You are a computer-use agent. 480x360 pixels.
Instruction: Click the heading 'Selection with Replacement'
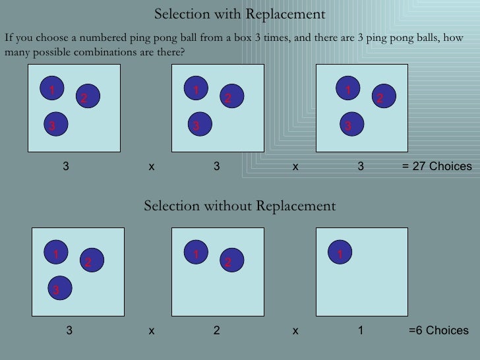239,14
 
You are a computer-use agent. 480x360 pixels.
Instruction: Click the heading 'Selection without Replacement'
239,206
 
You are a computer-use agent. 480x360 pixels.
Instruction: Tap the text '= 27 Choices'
436,167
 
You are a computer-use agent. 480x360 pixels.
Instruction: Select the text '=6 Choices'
438,330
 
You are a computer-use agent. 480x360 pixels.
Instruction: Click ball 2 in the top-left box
86,96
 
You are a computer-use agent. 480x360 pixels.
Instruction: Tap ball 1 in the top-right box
347,88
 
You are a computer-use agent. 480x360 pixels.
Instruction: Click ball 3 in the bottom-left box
59,288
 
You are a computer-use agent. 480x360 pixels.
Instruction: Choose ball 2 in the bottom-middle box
231,261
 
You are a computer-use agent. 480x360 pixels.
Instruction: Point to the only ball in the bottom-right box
340,253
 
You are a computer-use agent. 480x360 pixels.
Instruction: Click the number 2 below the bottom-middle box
216,330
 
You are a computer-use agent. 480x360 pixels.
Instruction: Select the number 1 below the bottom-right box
361,330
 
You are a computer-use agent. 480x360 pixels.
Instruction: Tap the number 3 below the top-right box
361,167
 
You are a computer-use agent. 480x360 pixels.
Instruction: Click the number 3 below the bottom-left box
69,330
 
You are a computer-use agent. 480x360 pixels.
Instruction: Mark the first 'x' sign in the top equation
151,167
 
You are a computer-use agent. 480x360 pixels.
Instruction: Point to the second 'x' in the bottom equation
295,330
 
